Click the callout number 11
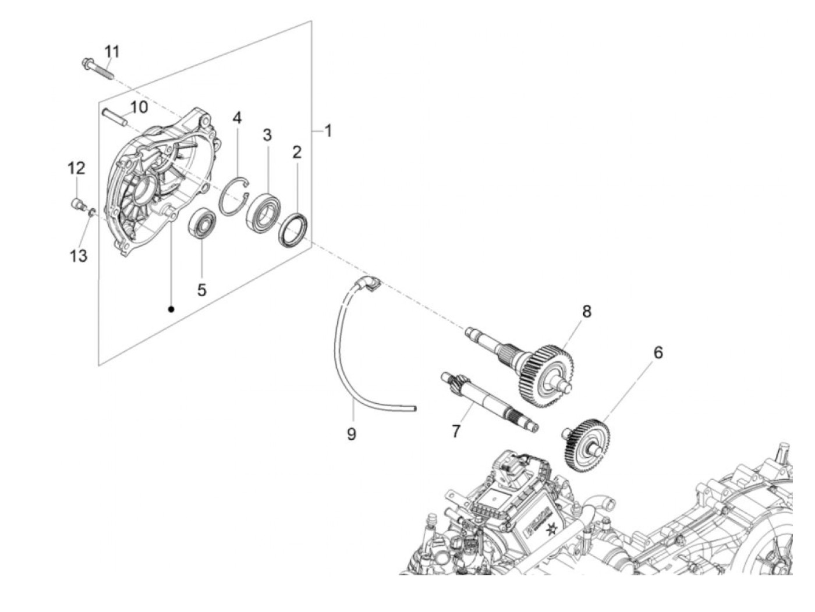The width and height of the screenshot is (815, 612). pyautogui.click(x=112, y=52)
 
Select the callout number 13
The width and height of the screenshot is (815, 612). pyautogui.click(x=78, y=255)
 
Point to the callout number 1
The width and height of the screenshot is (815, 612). pyautogui.click(x=328, y=131)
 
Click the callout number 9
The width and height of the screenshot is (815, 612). pyautogui.click(x=351, y=433)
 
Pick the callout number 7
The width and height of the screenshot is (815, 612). pyautogui.click(x=455, y=431)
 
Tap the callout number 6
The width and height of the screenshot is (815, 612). pyautogui.click(x=658, y=352)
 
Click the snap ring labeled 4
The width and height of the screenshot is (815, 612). pyautogui.click(x=235, y=197)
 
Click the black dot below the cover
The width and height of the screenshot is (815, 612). pyautogui.click(x=171, y=309)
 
